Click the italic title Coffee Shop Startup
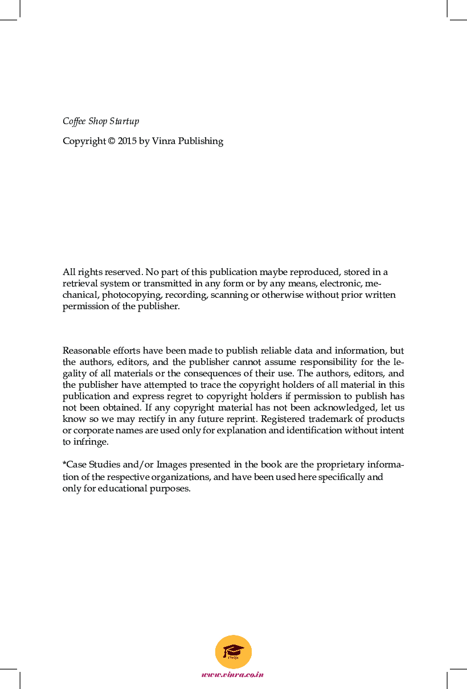101,121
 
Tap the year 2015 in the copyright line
126,141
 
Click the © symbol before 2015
111,141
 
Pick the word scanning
230,295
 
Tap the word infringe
90,442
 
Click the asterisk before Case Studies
64,464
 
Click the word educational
121,489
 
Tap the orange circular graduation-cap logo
233,652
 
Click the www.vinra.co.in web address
233,674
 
